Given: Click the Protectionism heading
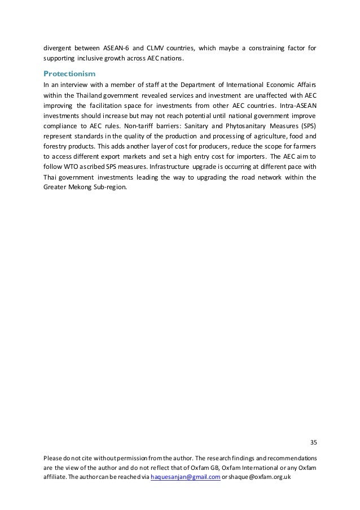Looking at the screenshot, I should pos(69,73).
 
